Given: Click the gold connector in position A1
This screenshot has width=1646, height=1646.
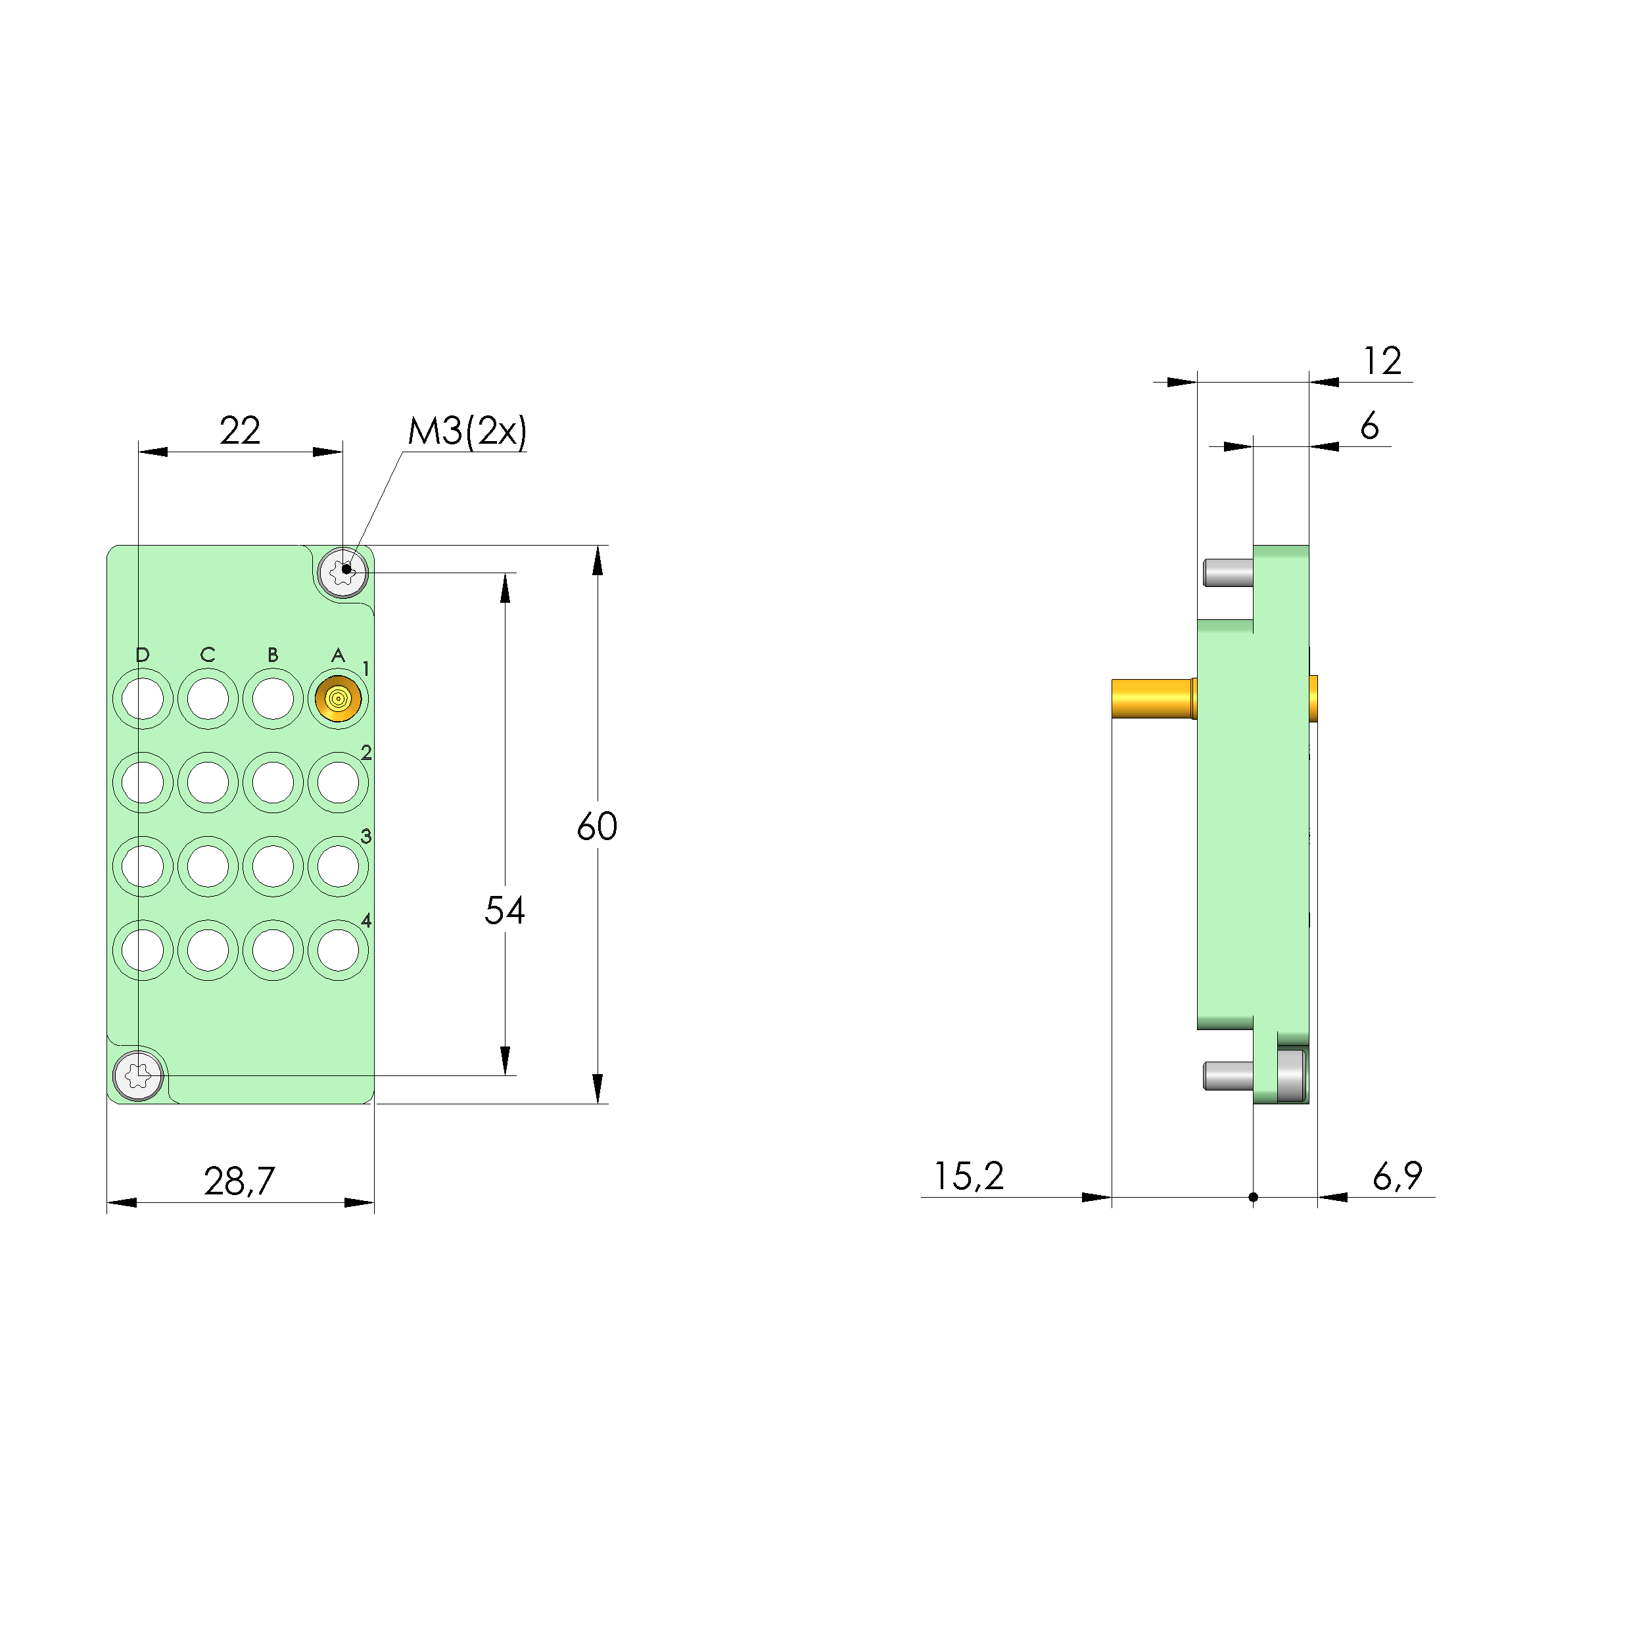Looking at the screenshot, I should tap(339, 699).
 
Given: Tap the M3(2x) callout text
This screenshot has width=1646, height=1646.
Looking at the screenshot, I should tap(467, 432).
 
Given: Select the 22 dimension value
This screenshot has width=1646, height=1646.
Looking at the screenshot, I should tap(239, 431).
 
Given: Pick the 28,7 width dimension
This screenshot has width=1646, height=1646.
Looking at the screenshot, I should tap(239, 1181).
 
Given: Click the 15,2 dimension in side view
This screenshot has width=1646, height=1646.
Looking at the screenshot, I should tap(969, 1176).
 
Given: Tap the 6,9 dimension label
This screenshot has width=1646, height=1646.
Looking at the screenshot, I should tap(1398, 1176).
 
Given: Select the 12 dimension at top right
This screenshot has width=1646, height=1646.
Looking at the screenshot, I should tap(1382, 362).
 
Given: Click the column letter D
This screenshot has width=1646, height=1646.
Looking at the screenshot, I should tap(142, 654).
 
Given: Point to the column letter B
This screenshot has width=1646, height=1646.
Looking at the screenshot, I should tap(273, 654).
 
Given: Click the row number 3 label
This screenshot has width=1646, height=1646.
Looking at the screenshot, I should tap(366, 835).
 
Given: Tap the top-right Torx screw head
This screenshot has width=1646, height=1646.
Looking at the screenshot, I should tap(342, 573).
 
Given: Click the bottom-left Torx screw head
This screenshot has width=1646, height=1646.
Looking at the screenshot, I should tap(138, 1076).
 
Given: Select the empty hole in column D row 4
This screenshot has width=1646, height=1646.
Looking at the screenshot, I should tap(142, 950).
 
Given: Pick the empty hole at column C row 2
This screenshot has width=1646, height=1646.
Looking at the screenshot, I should tap(208, 782).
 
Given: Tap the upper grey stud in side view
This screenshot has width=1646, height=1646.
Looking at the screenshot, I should tap(1228, 573).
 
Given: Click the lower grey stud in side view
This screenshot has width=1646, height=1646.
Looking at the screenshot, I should tap(1228, 1075).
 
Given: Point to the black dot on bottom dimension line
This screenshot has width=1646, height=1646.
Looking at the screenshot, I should tap(1254, 1197).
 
